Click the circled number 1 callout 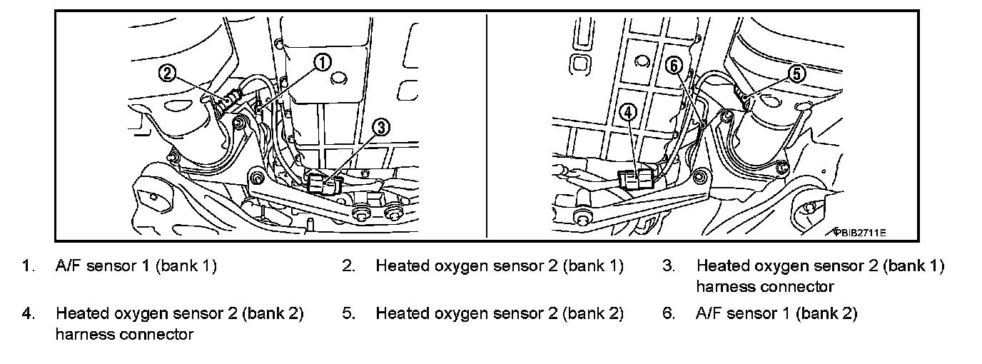coord(322,63)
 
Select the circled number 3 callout coord(381,127)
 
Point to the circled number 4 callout coord(628,111)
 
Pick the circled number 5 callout coord(798,73)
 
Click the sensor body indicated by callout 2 coord(227,101)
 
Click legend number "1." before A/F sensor coord(28,267)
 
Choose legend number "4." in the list coord(28,313)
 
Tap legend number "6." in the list coord(668,313)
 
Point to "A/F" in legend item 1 coord(69,267)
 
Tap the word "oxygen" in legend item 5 coord(457,313)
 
